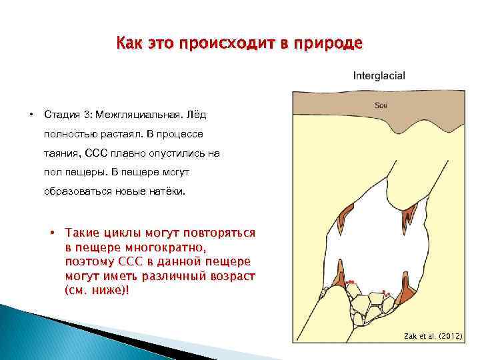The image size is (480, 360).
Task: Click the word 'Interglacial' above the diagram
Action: pyautogui.click(x=379, y=75)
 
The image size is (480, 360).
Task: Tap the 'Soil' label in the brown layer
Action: pyautogui.click(x=381, y=105)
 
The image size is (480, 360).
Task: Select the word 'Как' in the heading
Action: pyautogui.click(x=128, y=44)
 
